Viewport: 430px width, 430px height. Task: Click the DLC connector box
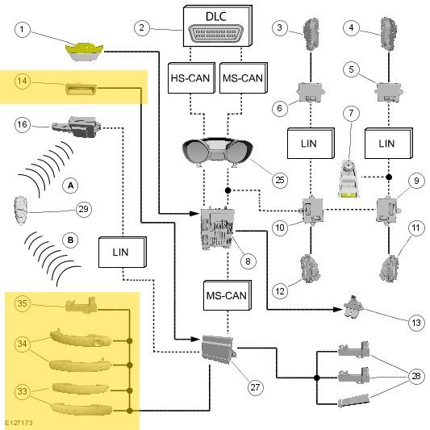click(218, 26)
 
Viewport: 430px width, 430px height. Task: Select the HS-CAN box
click(191, 78)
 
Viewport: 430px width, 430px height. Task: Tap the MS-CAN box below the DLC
click(244, 78)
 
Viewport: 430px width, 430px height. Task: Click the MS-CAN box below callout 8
click(228, 295)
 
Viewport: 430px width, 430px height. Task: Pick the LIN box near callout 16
click(123, 252)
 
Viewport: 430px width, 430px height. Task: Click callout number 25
click(280, 180)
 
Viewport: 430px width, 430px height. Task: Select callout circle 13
click(416, 323)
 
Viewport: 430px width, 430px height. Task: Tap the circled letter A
click(70, 186)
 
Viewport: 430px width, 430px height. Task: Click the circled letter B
click(70, 240)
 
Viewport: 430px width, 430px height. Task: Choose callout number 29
click(83, 209)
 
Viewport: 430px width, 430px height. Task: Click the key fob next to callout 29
click(20, 211)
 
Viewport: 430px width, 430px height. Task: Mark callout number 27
click(255, 387)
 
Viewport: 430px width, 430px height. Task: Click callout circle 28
click(416, 376)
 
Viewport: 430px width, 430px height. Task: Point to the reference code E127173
click(19, 423)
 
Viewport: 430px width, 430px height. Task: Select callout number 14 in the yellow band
click(23, 81)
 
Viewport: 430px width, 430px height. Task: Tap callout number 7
click(351, 113)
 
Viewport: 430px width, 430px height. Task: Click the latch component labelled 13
click(353, 307)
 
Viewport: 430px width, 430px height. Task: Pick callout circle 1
click(23, 29)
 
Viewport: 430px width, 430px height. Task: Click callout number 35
click(23, 303)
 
